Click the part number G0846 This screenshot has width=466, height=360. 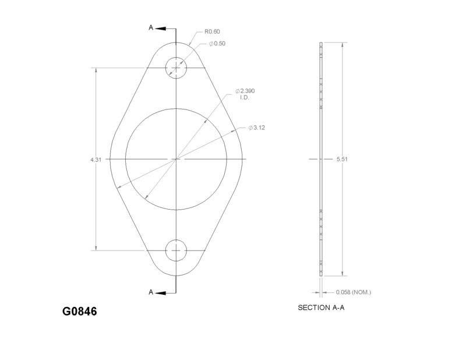pos(79,311)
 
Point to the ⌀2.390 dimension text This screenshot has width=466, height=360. pos(245,91)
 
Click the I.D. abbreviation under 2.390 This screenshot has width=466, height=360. pos(245,98)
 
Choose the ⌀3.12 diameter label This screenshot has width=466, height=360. pos(257,127)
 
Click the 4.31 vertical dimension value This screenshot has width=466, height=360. pos(96,159)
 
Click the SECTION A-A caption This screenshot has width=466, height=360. pos(322,308)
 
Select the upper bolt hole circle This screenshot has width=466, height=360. pos(176,68)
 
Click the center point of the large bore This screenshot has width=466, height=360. pos(176,159)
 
